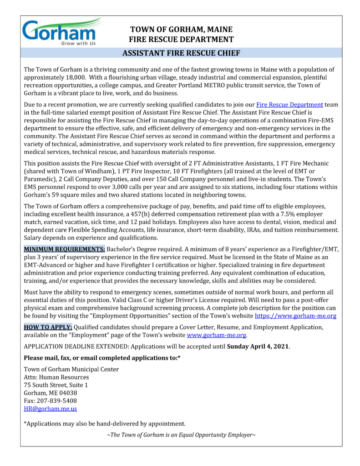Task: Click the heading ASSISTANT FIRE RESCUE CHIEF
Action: [x=181, y=53]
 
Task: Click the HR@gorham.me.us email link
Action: [x=50, y=409]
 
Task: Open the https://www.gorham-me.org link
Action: [x=295, y=315]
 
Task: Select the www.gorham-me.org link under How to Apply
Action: [x=217, y=335]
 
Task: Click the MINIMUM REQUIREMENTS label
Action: [x=64, y=250]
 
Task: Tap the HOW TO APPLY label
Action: [x=47, y=327]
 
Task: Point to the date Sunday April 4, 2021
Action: [x=258, y=346]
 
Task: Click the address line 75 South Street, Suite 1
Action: [x=56, y=385]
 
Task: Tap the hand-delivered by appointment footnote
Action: [x=104, y=424]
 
